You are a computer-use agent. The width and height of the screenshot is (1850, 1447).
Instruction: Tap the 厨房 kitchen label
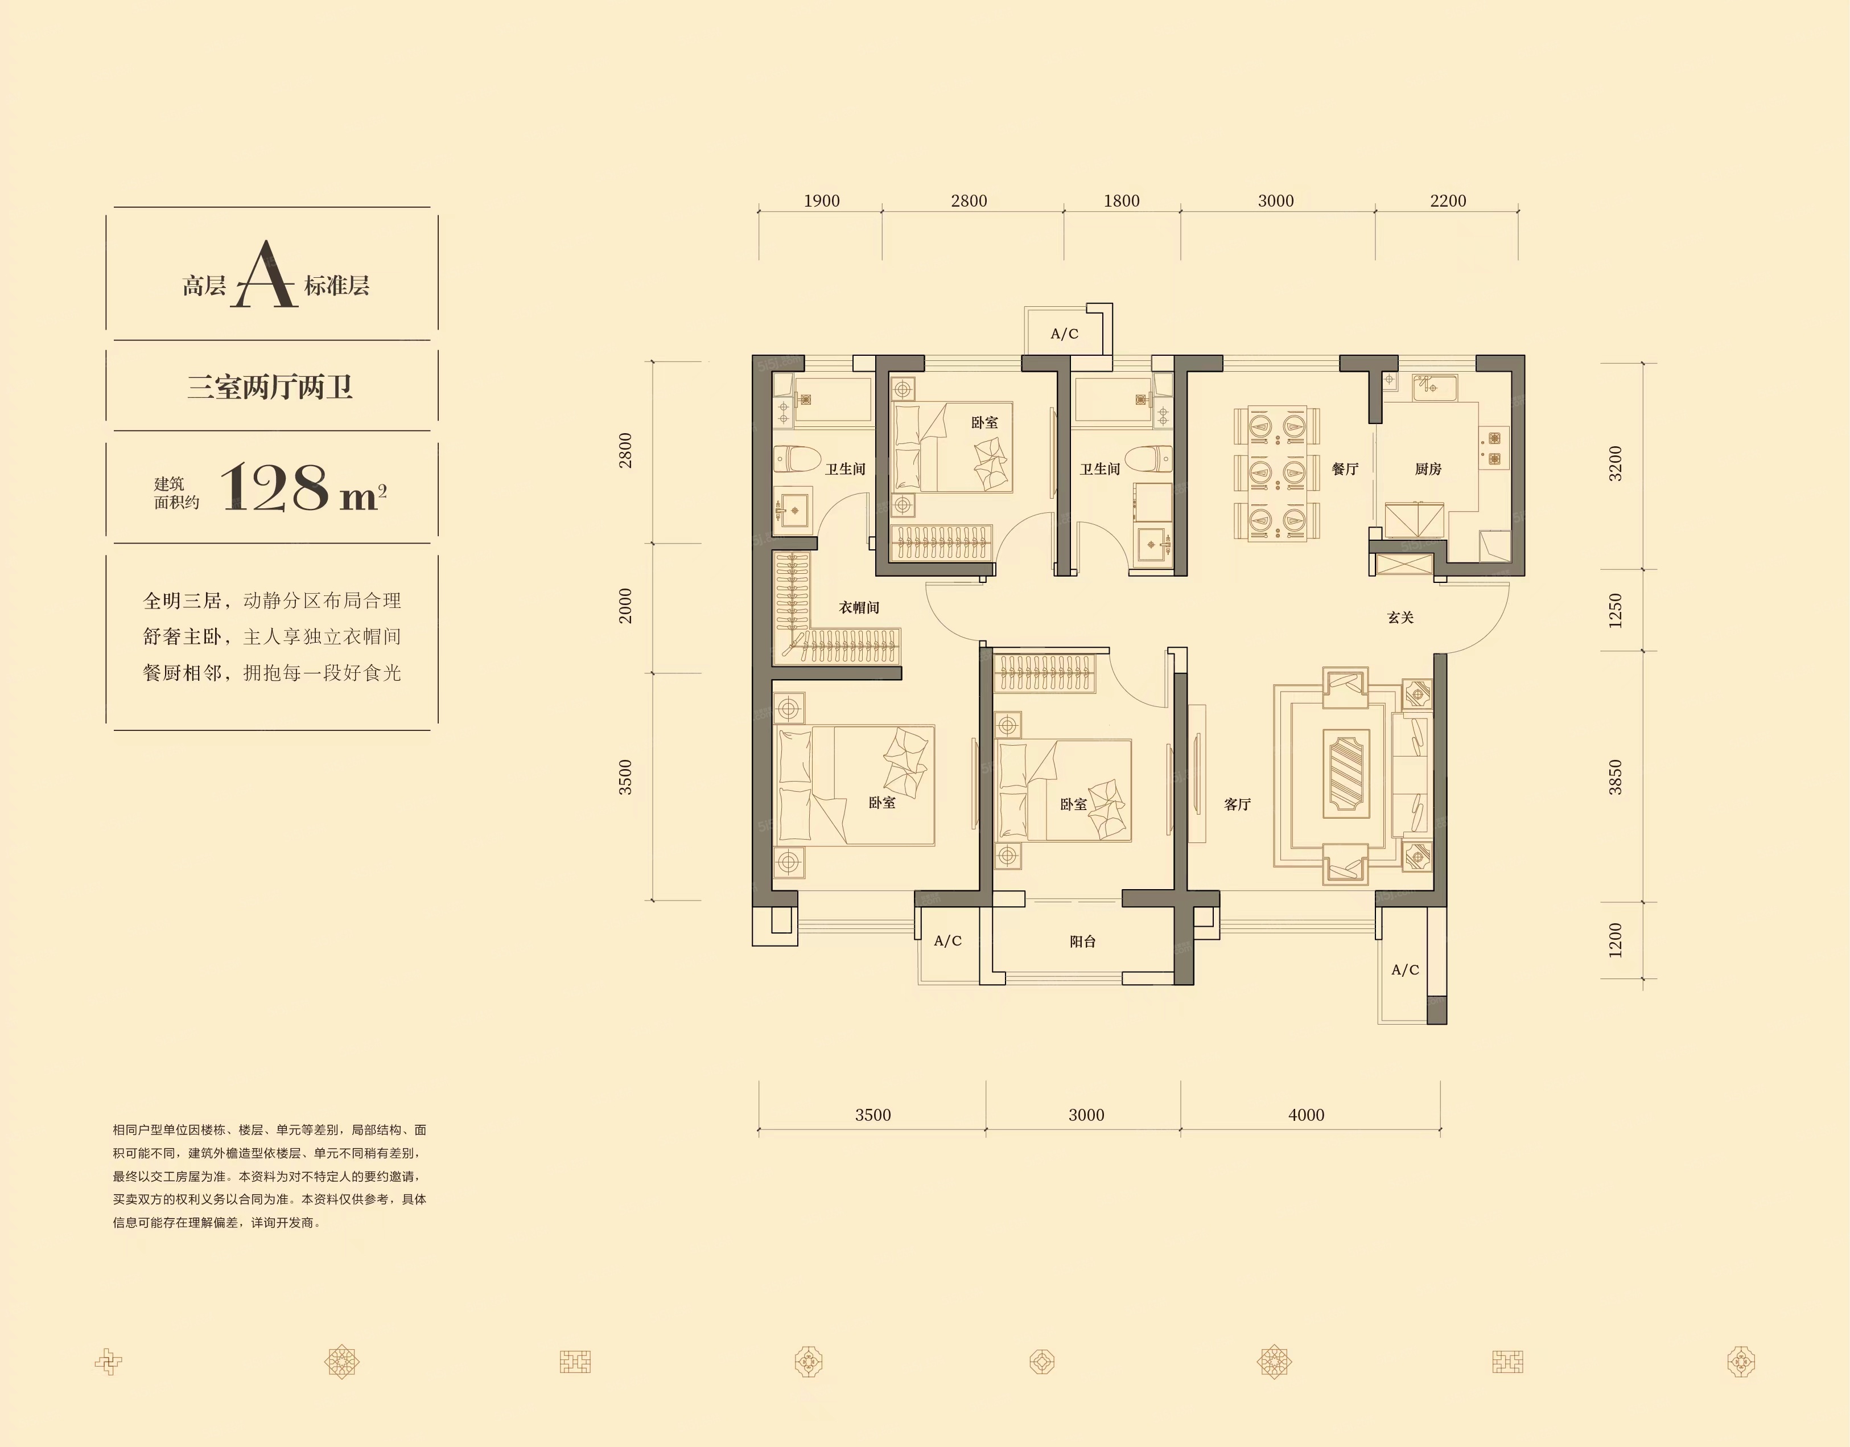coord(1428,468)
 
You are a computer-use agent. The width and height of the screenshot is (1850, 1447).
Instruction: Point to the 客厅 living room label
coord(1238,804)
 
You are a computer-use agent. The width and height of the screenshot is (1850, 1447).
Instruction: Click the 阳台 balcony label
coord(1082,941)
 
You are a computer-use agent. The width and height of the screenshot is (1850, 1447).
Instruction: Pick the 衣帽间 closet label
coord(859,607)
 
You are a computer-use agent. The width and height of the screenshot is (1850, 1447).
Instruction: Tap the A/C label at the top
coord(1065,334)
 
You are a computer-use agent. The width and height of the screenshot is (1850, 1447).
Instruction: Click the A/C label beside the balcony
coord(948,940)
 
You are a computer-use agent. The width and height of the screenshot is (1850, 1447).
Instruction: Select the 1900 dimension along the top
coord(822,201)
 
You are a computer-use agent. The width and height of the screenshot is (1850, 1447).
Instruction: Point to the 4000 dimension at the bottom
coord(1306,1115)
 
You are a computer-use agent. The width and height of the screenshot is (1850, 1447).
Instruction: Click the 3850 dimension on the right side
coord(1616,777)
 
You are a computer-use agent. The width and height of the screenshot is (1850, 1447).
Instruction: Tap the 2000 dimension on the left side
coord(625,606)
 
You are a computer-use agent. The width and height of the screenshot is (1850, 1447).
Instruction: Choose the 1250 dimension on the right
coord(1616,611)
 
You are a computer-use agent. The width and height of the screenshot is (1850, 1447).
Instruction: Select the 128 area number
coord(274,488)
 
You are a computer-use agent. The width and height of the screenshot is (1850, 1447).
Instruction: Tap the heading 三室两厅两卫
coord(269,387)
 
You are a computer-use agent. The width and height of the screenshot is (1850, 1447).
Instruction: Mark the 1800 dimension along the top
coord(1122,201)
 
